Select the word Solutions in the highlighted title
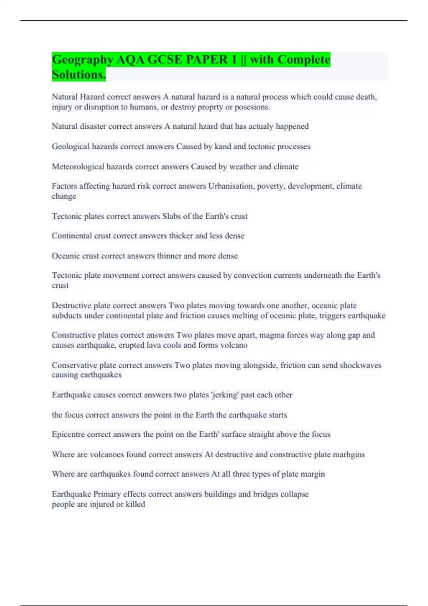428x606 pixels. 78,75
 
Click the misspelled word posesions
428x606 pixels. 252,107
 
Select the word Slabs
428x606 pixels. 172,216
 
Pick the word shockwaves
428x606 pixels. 360,365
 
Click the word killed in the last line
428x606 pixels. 135,504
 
